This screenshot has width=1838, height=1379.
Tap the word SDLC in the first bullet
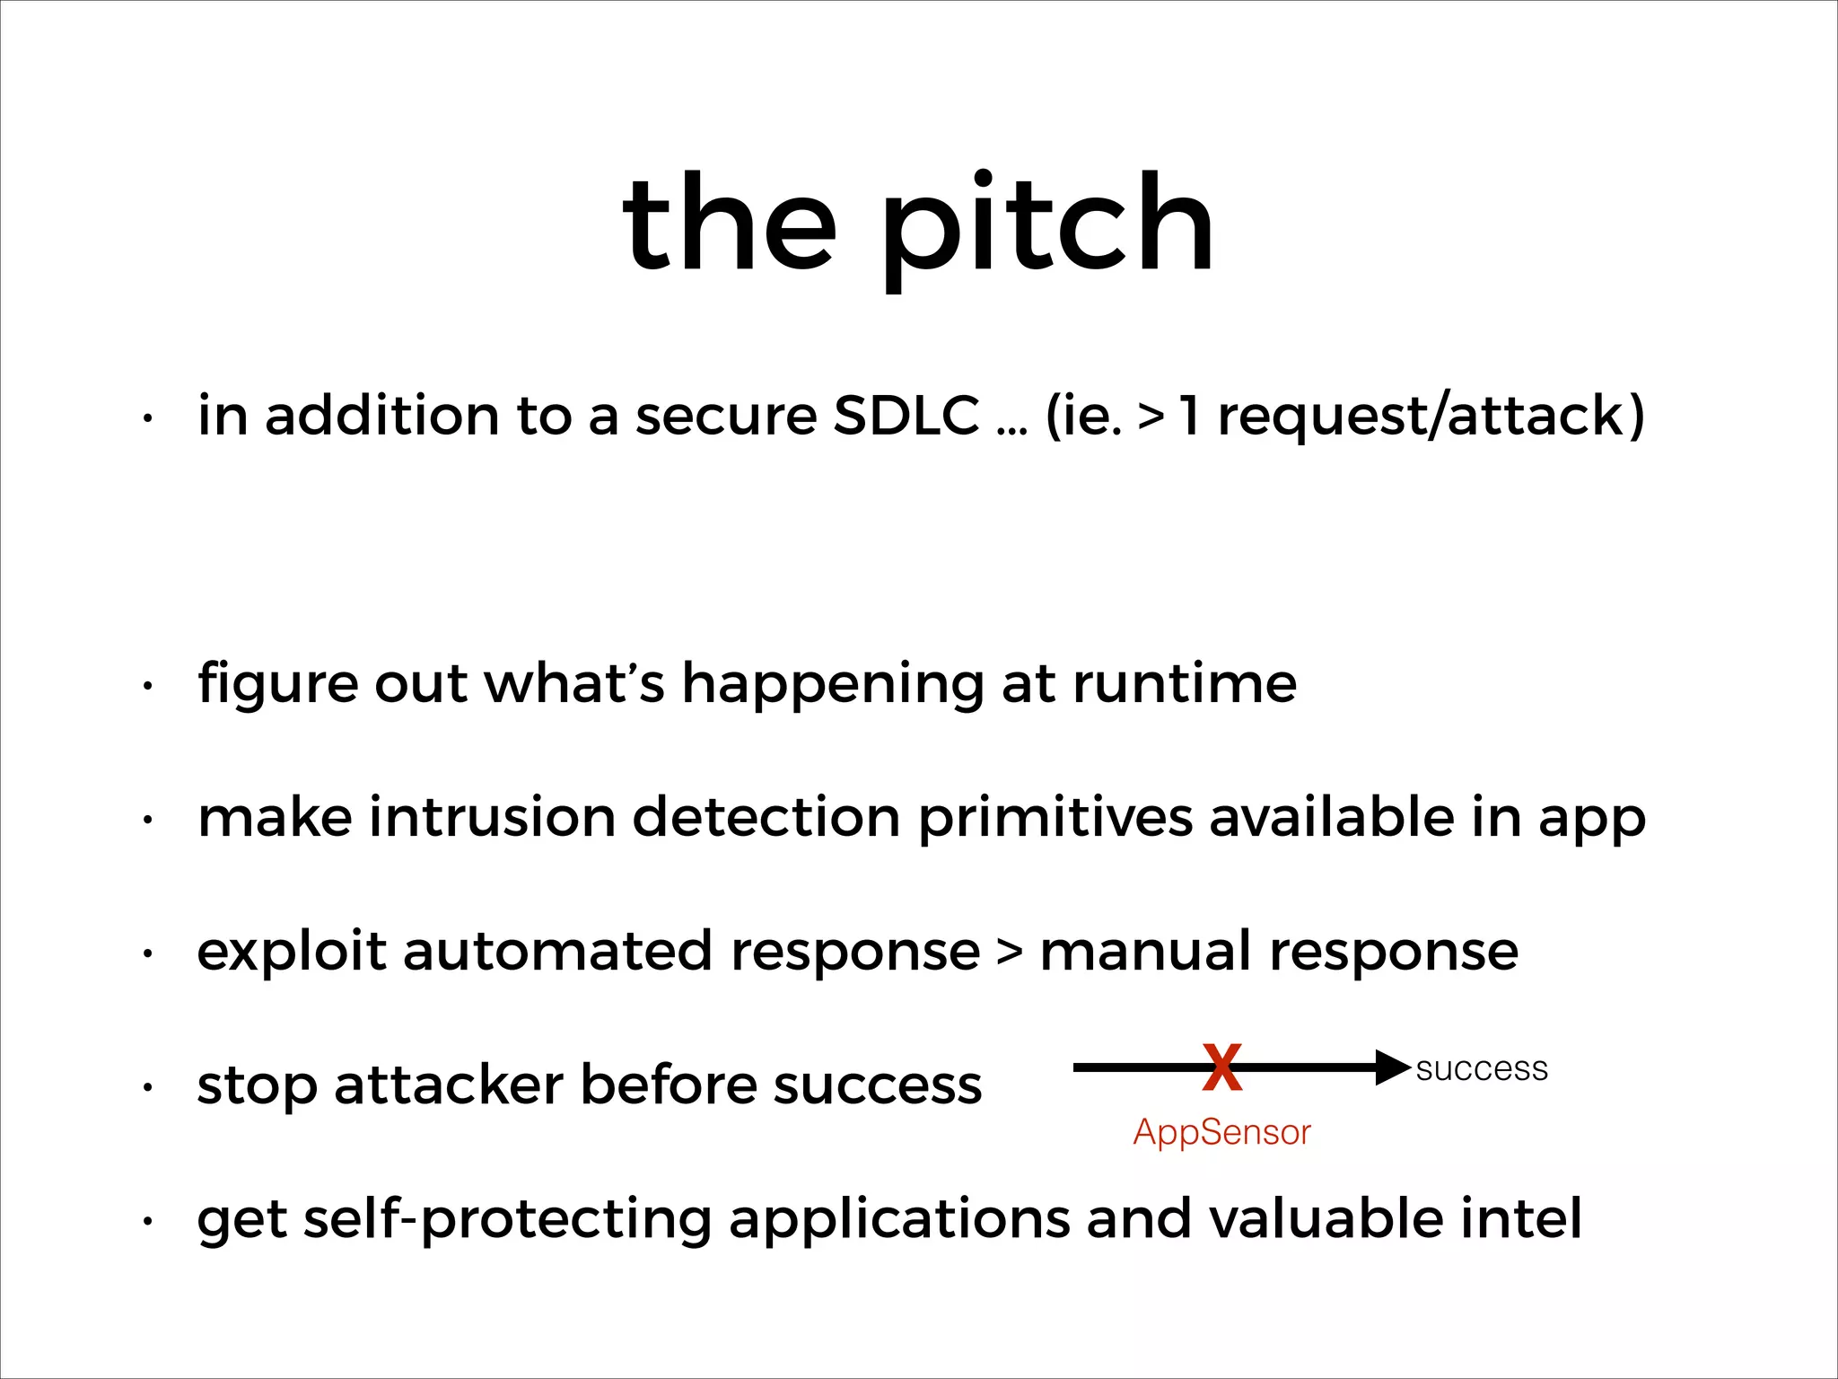(906, 416)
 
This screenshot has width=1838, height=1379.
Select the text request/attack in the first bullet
(1431, 417)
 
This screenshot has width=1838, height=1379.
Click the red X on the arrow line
(1222, 1067)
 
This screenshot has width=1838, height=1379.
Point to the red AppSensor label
(1221, 1133)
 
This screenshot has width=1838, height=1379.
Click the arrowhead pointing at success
(1393, 1067)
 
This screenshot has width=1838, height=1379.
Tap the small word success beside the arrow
(1482, 1069)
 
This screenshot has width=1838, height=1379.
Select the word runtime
(1185, 684)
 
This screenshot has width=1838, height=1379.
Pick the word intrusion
(493, 818)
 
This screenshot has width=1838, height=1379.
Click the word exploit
(291, 953)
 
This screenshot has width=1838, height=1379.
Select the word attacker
(449, 1085)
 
